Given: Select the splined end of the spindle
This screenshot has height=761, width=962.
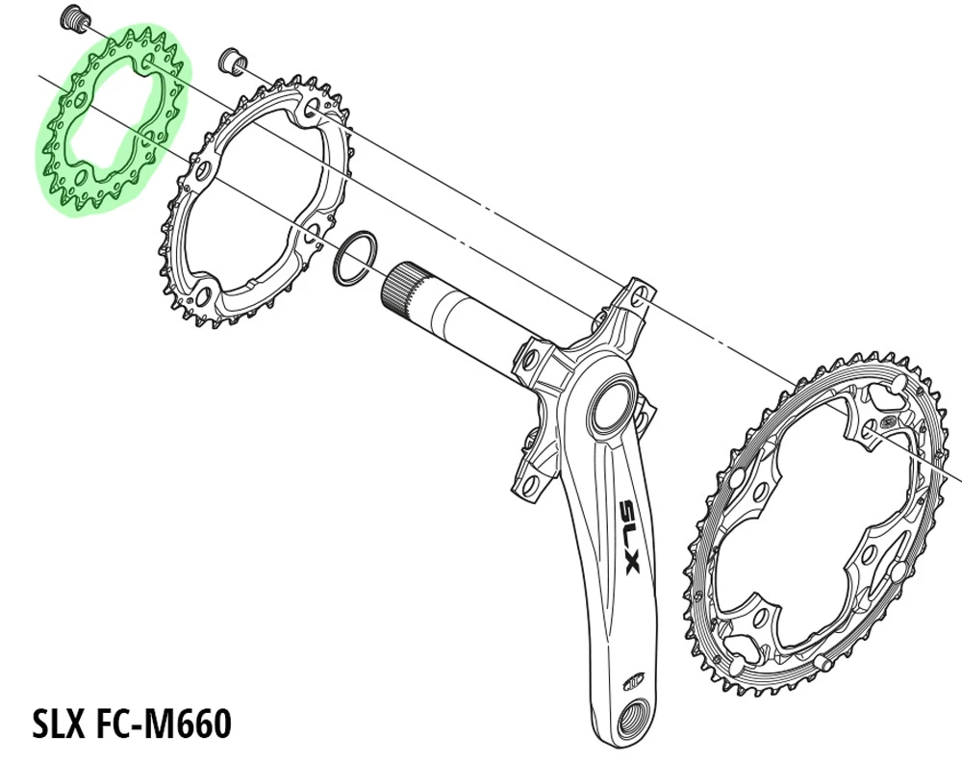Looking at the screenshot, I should (402, 289).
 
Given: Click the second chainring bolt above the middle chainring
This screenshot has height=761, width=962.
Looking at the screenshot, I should (231, 60).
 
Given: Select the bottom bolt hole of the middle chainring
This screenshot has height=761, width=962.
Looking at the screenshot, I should (204, 290).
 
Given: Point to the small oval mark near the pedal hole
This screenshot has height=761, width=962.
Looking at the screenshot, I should (631, 677).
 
